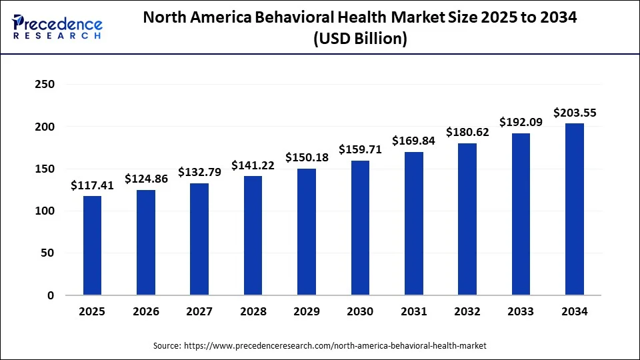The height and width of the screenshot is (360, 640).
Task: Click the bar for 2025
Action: coord(92,245)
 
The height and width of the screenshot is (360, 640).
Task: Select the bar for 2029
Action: coord(306,231)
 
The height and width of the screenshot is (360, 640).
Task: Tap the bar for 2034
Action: coord(574,209)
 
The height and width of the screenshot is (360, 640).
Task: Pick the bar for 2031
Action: coord(413,223)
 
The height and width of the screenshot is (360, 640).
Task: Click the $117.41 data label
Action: coord(92,186)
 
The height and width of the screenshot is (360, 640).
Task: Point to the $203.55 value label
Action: coord(574,113)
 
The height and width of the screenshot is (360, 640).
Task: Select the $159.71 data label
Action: coord(360,149)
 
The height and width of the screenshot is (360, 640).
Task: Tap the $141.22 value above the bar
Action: coord(253,165)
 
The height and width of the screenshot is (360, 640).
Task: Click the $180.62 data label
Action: coord(467,132)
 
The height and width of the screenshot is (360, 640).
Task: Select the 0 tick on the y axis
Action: coord(51,295)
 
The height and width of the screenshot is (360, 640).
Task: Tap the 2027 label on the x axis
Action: coord(199,311)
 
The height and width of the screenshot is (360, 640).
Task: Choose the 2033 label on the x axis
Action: coord(521,311)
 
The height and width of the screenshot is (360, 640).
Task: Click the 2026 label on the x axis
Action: coord(145,311)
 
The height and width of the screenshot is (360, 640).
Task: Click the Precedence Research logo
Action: coord(57,27)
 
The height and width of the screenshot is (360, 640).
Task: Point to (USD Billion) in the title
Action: coord(360,39)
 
